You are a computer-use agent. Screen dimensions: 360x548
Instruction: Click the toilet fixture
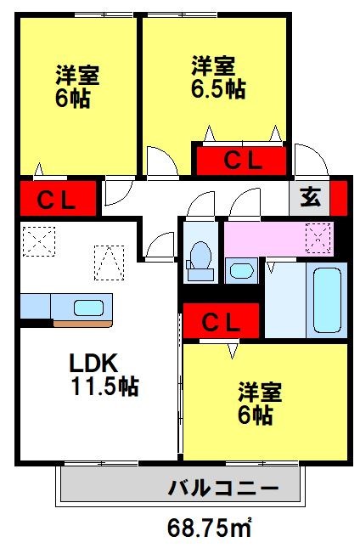tap(200, 261)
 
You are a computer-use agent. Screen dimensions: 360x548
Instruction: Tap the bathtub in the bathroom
tap(327, 300)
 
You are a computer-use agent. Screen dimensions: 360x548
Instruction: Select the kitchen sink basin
tap(88, 308)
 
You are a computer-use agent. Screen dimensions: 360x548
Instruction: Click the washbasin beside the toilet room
tap(241, 271)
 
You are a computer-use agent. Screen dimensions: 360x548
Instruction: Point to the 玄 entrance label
tap(311, 198)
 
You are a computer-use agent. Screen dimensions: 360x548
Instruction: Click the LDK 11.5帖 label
tap(104, 374)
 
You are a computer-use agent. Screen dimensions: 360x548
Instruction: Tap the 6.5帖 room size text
tap(218, 89)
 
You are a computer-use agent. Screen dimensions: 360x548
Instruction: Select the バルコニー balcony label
tap(224, 488)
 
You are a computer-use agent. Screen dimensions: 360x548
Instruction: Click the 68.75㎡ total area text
tap(210, 528)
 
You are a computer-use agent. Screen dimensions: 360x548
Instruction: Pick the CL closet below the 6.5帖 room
tap(241, 161)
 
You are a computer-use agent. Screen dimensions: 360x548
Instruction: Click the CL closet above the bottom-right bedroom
tap(221, 321)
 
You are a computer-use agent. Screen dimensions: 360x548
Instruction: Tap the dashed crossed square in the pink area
tap(318, 238)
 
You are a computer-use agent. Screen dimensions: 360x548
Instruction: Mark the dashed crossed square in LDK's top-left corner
tap(39, 241)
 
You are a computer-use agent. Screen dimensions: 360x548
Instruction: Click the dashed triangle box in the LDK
tap(110, 263)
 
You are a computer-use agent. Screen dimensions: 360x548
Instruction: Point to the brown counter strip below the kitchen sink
tap(82, 324)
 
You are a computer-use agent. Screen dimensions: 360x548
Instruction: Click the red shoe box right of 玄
tap(339, 198)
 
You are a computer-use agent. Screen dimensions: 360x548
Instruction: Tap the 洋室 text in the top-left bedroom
tap(78, 75)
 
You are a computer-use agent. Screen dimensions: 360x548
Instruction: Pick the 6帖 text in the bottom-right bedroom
tap(256, 415)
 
